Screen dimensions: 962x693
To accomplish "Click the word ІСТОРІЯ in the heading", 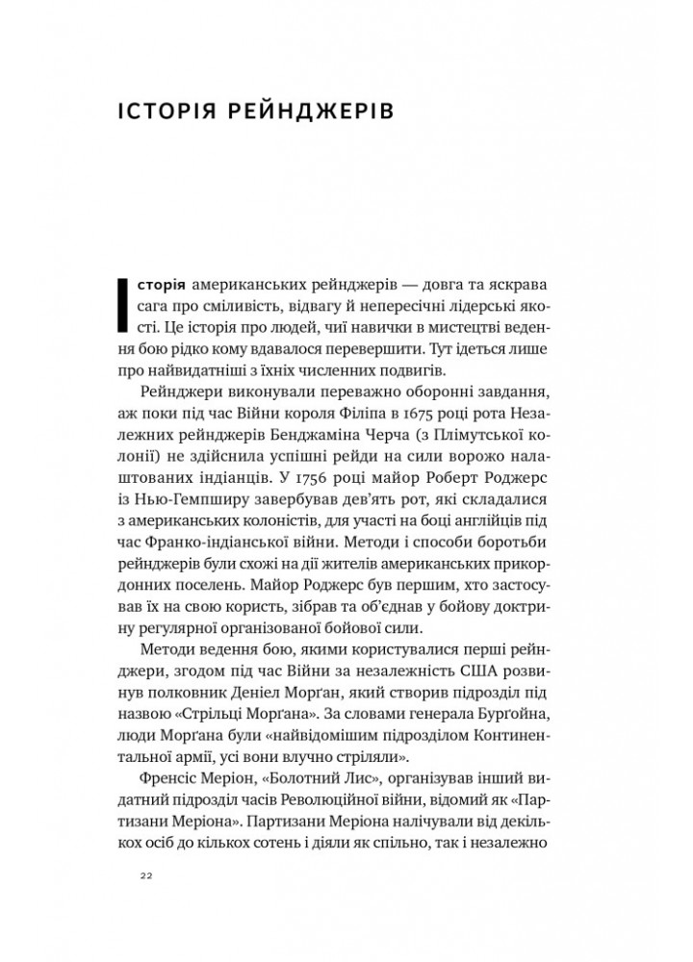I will click(x=167, y=111).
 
